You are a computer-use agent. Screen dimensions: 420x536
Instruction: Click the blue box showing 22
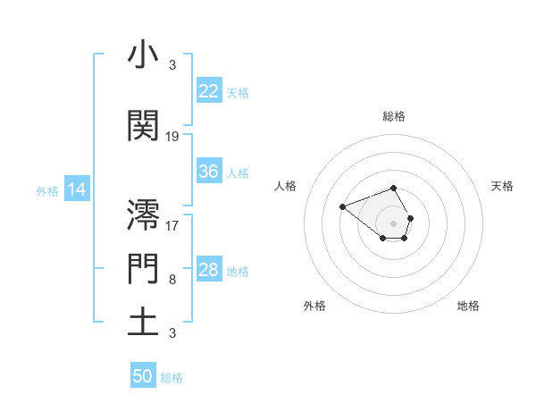click(209, 90)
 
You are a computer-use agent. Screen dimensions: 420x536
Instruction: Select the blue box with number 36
click(209, 172)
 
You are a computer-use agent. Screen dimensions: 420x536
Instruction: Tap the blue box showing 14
click(77, 189)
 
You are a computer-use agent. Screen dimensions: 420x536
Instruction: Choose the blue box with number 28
click(209, 270)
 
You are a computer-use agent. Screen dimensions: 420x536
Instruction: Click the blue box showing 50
click(143, 376)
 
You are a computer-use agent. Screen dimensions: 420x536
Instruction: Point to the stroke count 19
click(172, 137)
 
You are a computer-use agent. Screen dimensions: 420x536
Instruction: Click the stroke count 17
click(172, 225)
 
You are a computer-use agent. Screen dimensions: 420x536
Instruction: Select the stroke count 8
click(172, 280)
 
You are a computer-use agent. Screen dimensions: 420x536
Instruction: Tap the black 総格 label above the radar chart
click(394, 117)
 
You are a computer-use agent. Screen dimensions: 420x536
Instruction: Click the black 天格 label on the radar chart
click(502, 186)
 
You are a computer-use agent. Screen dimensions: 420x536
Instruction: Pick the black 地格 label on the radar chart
click(468, 306)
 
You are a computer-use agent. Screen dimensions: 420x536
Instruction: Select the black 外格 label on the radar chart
click(314, 306)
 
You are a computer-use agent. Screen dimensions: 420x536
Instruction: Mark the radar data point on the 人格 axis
click(342, 207)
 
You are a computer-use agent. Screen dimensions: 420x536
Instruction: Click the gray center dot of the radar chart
click(394, 223)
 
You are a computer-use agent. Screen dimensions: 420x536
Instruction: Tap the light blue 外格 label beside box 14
click(46, 190)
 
